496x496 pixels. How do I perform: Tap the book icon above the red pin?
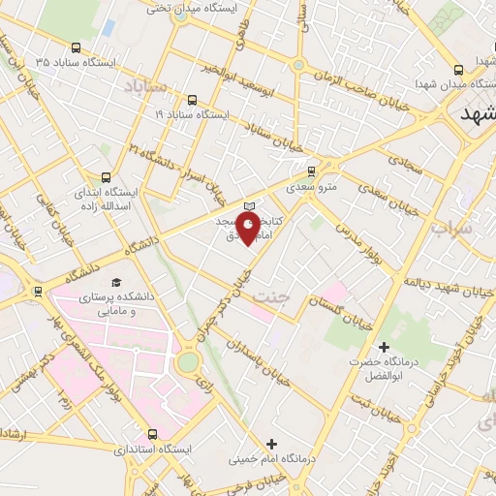(249, 206)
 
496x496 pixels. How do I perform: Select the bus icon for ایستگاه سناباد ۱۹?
(190, 99)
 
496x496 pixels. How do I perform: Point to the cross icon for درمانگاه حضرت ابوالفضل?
(384, 347)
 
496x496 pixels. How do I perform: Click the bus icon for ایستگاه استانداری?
(152, 434)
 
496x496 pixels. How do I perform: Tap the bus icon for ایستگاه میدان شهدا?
(458, 70)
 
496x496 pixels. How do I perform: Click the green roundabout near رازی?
(188, 361)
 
